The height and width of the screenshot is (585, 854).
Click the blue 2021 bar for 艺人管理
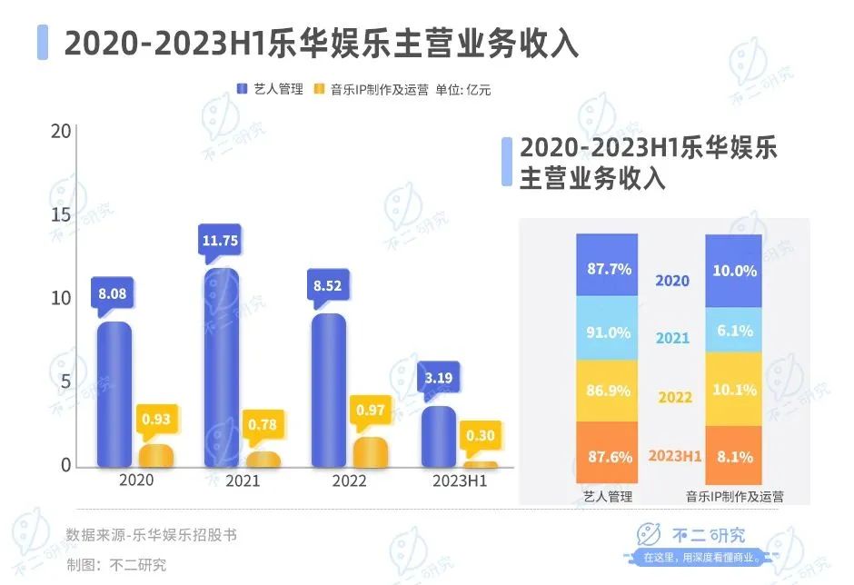coord(222,368)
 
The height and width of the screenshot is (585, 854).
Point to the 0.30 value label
coord(480,435)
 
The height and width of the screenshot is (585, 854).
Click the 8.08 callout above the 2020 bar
coord(114,293)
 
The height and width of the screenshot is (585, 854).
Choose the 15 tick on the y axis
coord(61,215)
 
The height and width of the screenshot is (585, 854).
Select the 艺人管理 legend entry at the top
coord(270,89)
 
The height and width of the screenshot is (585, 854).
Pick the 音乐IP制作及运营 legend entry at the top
coord(371,89)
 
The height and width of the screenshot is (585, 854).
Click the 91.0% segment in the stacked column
coord(608,332)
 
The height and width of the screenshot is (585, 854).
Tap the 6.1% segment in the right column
coord(734,332)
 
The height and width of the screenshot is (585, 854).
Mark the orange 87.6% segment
coord(608,457)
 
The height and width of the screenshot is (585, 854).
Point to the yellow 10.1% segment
coord(734,390)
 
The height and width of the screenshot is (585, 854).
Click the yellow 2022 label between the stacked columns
coord(673,397)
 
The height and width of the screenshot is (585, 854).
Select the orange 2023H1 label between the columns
coord(672,456)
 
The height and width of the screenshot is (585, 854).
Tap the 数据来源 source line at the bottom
coord(152,535)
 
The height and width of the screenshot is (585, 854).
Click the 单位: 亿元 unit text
coord(463,89)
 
